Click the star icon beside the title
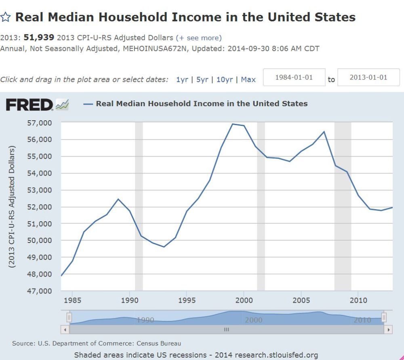tap(6, 17)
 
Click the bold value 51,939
tap(40, 38)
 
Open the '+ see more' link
tap(199, 38)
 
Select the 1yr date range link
tap(182, 80)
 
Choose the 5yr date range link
tap(202, 80)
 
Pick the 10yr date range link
tap(224, 80)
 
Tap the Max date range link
tap(248, 80)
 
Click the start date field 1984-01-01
tap(294, 77)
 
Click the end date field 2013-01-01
tap(368, 77)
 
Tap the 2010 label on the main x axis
tap(358, 300)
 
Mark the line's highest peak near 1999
tap(232, 124)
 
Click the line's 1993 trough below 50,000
tap(164, 247)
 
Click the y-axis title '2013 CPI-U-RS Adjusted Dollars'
tap(12, 207)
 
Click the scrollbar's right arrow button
tap(389, 330)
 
